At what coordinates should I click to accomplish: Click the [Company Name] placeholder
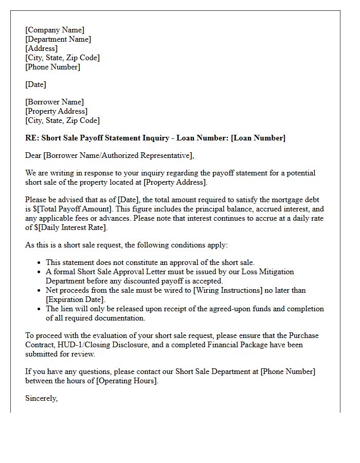tap(55, 30)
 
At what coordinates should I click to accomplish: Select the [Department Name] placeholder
tap(58, 39)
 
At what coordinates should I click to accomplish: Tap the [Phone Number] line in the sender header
tap(52, 67)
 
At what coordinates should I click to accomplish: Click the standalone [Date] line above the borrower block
tap(35, 84)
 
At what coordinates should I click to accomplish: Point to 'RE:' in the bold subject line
tap(32, 138)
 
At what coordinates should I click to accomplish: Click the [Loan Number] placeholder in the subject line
tap(258, 138)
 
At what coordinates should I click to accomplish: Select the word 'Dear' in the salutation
tap(33, 155)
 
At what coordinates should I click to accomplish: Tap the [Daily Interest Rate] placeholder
tap(71, 227)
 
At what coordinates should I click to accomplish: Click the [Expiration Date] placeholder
tap(75, 299)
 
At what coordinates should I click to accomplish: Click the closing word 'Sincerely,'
tap(42, 398)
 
